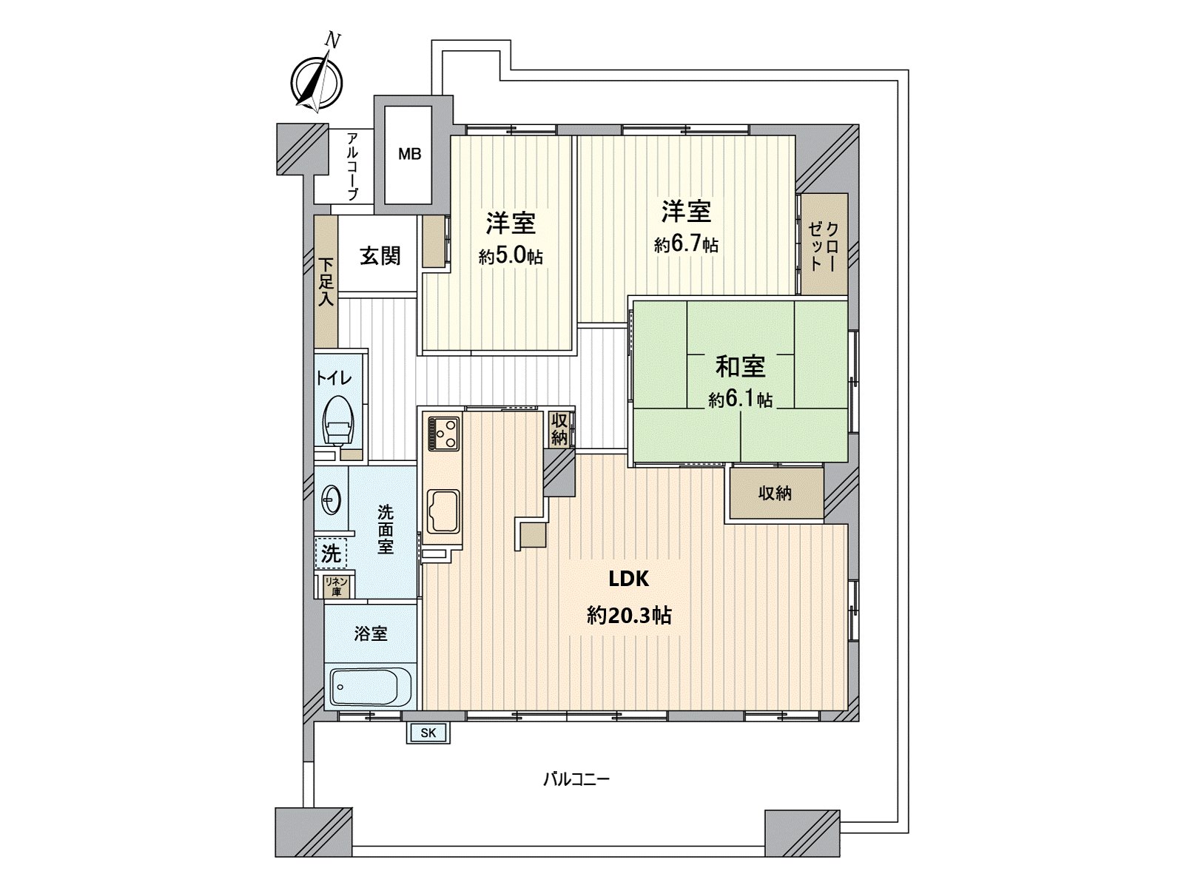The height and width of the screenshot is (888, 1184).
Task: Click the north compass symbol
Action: click(x=316, y=80)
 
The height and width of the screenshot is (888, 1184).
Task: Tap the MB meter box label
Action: click(x=409, y=154)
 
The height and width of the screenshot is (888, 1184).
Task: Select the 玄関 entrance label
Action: click(x=380, y=256)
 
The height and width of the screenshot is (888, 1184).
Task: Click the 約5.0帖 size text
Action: click(x=511, y=257)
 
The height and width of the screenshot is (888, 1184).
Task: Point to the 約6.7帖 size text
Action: click(x=686, y=245)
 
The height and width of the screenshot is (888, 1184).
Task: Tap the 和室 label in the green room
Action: click(x=740, y=366)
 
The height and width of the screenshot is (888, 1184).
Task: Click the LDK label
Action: click(x=629, y=579)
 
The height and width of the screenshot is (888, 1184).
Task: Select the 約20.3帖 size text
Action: click(x=629, y=615)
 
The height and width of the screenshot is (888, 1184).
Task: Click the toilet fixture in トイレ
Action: click(x=338, y=422)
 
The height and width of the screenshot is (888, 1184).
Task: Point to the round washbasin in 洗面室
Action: click(x=331, y=500)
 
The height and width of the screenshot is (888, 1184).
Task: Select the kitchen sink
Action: click(x=443, y=511)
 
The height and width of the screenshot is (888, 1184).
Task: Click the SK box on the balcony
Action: click(x=428, y=733)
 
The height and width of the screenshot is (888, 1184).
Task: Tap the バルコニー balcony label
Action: click(x=576, y=779)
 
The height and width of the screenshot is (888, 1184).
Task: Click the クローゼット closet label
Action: click(x=824, y=245)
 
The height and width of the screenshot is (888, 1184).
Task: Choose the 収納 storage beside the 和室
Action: click(x=776, y=493)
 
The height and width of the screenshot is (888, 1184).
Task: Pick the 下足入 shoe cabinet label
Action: click(x=326, y=282)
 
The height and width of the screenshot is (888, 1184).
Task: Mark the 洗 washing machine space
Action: click(x=331, y=552)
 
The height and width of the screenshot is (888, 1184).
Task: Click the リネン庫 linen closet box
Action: click(x=337, y=586)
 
